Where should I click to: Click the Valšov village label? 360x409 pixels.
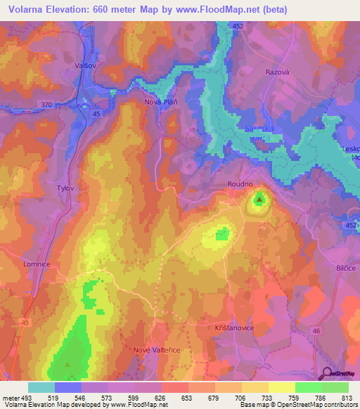click(84, 65)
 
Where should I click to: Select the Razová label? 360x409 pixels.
click(277, 72)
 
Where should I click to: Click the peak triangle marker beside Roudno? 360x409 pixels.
click(260, 200)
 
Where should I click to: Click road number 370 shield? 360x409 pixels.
click(47, 105)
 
